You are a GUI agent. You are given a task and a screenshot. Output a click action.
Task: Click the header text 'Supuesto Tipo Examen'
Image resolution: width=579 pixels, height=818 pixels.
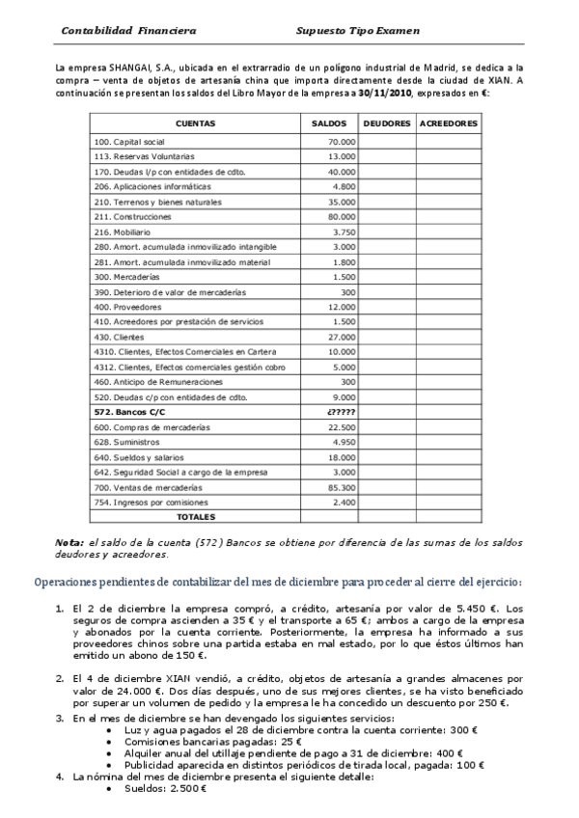click(359, 30)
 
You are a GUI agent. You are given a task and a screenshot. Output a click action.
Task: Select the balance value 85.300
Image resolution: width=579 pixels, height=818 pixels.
click(342, 488)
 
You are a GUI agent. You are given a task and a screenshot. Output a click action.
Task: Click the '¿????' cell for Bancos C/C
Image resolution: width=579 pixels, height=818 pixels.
click(342, 412)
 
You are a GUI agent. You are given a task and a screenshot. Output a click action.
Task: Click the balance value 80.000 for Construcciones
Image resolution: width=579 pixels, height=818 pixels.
click(342, 217)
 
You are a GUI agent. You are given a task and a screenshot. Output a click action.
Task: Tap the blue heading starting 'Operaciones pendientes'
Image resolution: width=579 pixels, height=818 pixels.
click(278, 582)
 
